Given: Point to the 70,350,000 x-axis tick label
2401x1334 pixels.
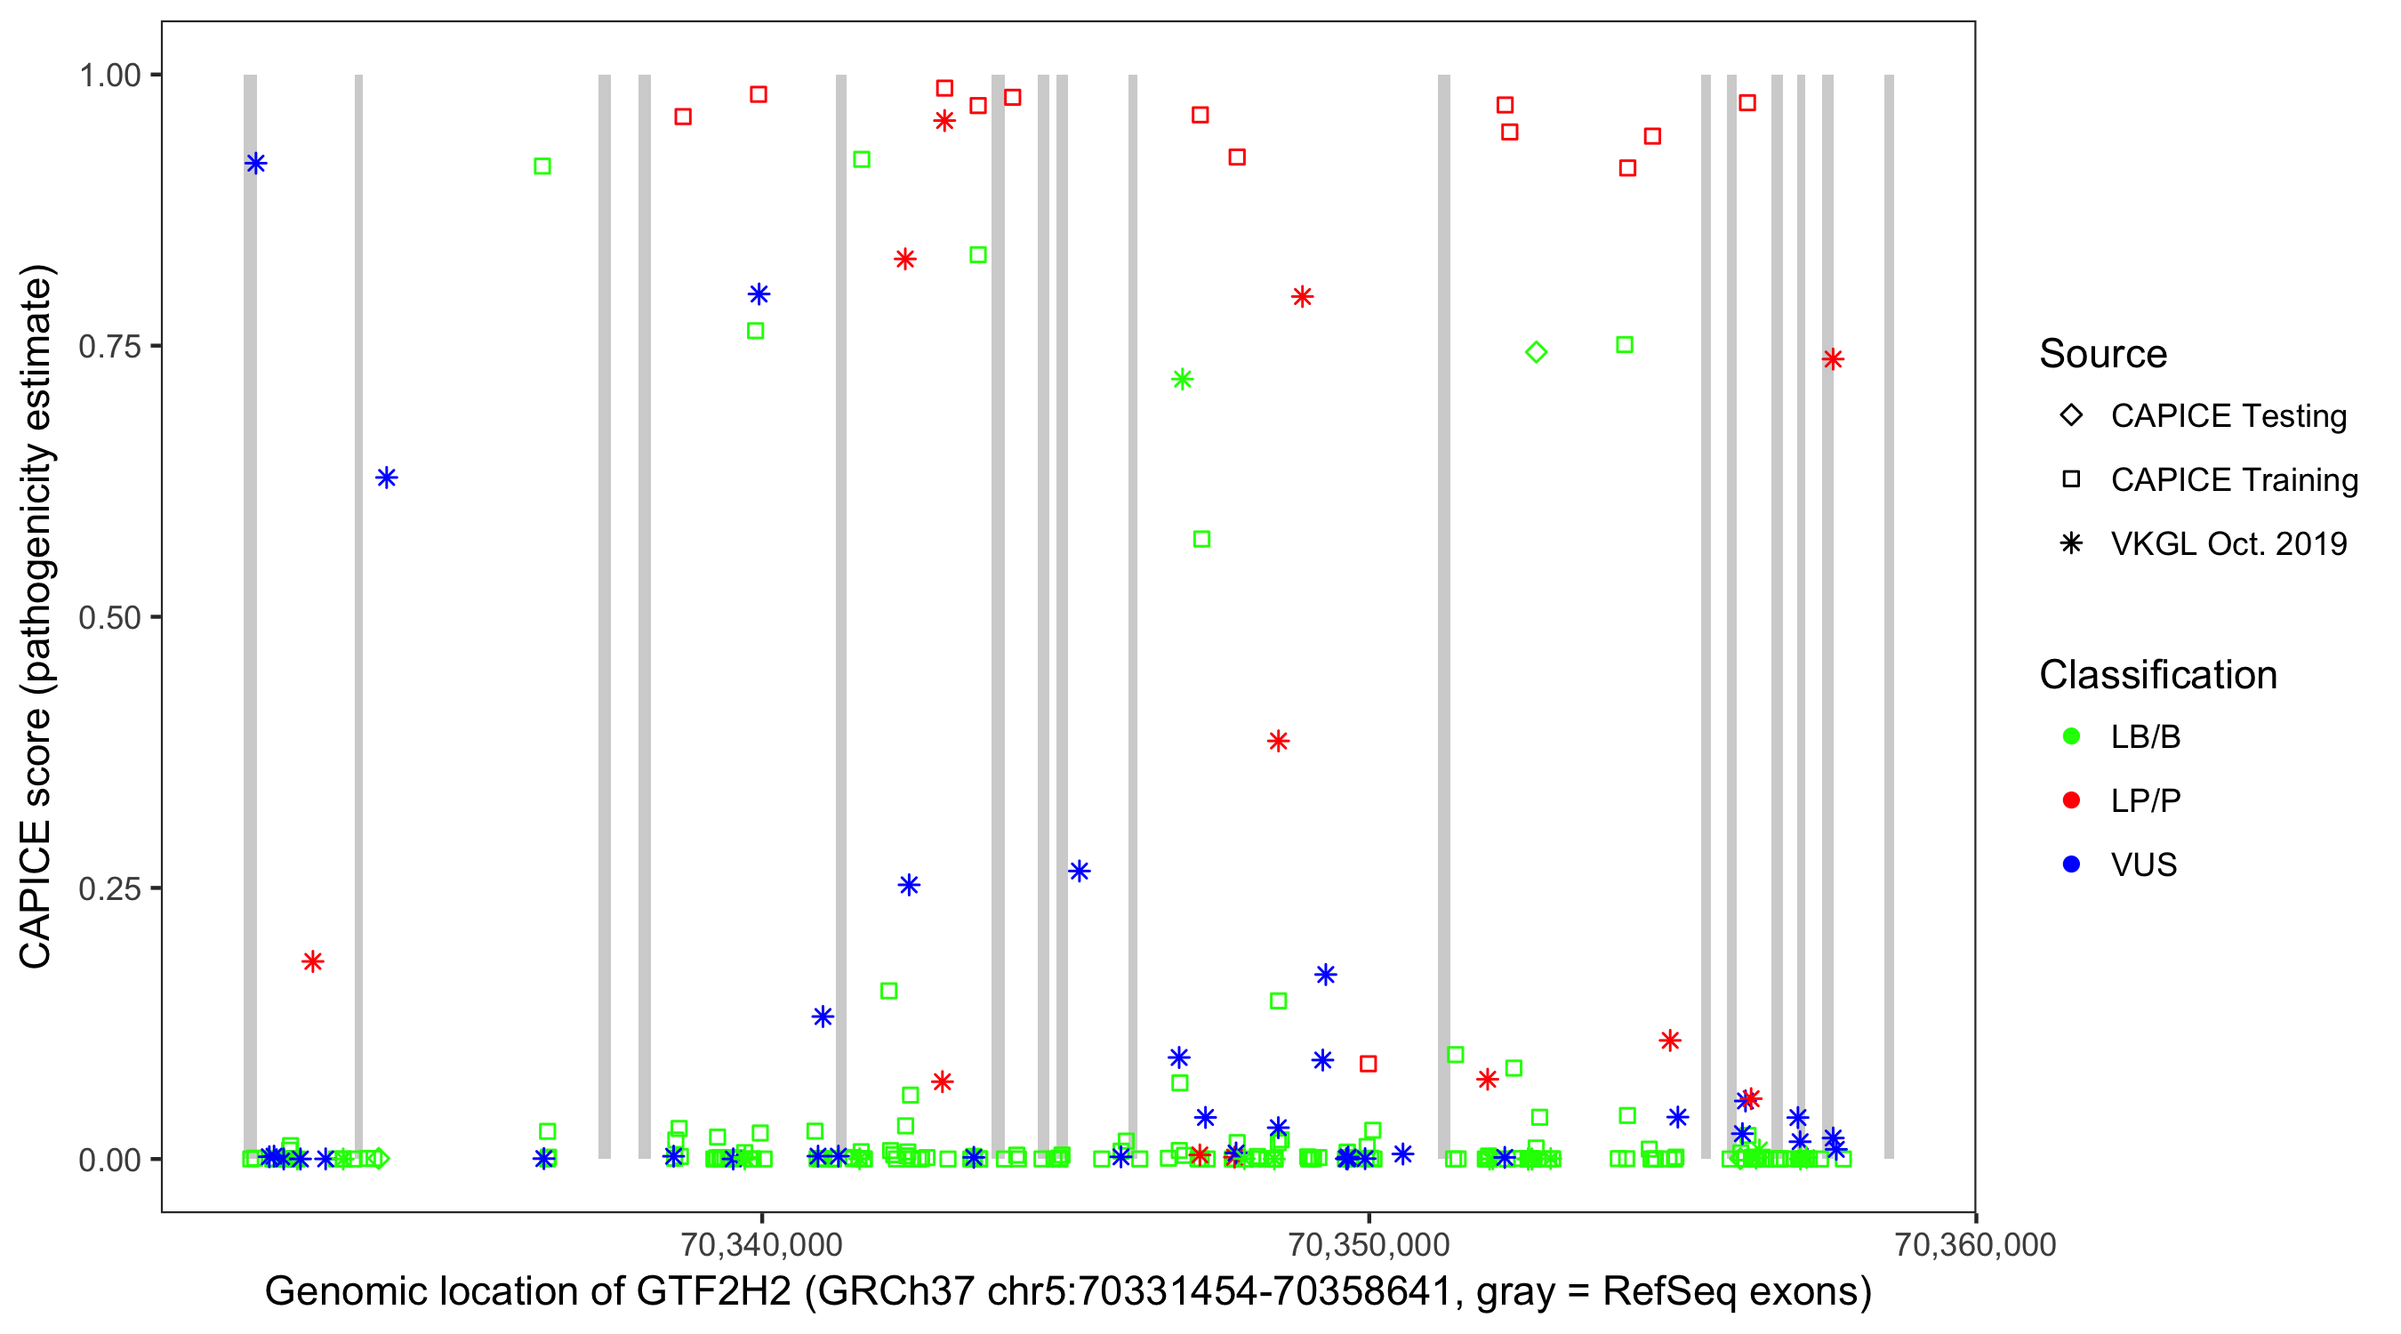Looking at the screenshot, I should [x=1369, y=1244].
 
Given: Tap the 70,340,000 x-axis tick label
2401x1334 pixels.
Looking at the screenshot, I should [x=761, y=1244].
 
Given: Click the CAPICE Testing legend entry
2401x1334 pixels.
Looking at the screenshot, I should [x=2228, y=416].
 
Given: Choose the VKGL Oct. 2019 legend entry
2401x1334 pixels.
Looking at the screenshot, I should [x=2228, y=543].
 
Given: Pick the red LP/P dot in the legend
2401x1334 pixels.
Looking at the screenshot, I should [x=2071, y=800].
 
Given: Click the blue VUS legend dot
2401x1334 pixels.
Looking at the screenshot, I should [x=2071, y=864].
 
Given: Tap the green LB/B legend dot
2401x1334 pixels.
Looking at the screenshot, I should [x=2071, y=736].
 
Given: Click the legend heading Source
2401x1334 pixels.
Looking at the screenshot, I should [x=2103, y=354].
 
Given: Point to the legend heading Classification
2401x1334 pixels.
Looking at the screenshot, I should [x=2157, y=675].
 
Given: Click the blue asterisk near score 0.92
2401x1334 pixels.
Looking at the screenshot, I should [x=255, y=164].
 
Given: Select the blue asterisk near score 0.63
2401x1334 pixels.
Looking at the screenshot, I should [x=386, y=478].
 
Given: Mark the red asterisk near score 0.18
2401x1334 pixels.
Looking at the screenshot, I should [x=312, y=961].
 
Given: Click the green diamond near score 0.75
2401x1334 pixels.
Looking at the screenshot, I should [x=1536, y=352].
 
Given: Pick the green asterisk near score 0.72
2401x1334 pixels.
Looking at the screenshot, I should [x=1182, y=380].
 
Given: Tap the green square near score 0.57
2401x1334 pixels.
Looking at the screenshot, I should [x=1201, y=540].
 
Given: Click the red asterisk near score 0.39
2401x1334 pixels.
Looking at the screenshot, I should [x=1278, y=741].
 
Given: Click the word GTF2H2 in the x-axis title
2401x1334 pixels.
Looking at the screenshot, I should [x=713, y=1292].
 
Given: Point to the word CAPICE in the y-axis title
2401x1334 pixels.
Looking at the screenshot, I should [x=36, y=894].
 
